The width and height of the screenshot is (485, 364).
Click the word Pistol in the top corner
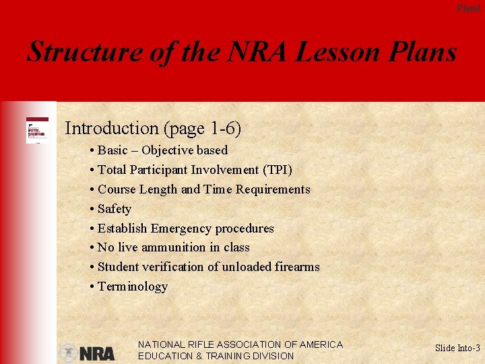pyautogui.click(x=468, y=8)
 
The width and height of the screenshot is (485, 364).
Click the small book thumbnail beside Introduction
pyautogui.click(x=37, y=130)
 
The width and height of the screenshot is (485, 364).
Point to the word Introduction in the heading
pyautogui.click(x=111, y=128)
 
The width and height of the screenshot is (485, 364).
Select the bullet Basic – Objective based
pyautogui.click(x=162, y=150)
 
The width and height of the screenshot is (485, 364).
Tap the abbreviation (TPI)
pyautogui.click(x=277, y=170)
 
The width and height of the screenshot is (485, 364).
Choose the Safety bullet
pyautogui.click(x=114, y=209)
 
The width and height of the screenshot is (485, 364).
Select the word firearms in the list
pyautogui.click(x=297, y=267)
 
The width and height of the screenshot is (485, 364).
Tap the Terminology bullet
pyautogui.click(x=132, y=286)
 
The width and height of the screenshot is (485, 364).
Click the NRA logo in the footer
pyautogui.click(x=97, y=353)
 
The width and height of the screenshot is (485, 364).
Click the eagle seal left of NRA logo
pyautogui.click(x=68, y=353)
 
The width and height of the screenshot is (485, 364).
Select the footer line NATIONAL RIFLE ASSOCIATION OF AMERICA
pyautogui.click(x=240, y=344)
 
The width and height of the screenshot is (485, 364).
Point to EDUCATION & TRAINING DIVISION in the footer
pyautogui.click(x=216, y=356)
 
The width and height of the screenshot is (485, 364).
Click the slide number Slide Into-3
pyautogui.click(x=457, y=348)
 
